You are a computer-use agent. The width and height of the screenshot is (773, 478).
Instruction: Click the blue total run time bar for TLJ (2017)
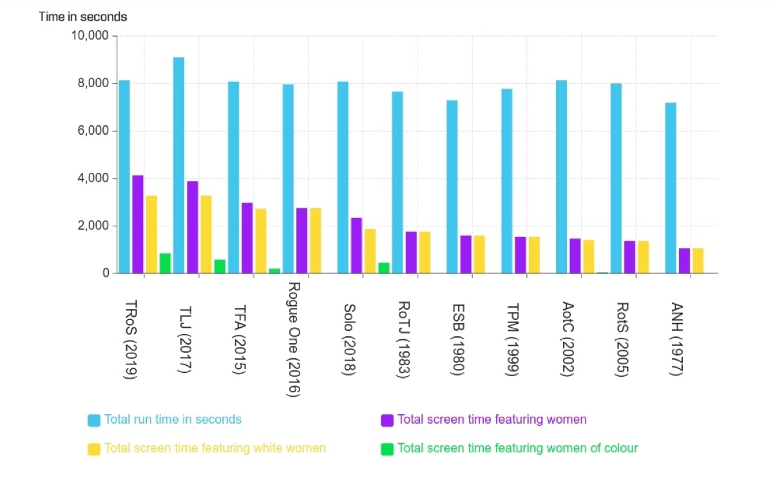[x=178, y=165]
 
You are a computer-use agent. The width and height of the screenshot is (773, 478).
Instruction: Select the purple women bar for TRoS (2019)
[x=138, y=224]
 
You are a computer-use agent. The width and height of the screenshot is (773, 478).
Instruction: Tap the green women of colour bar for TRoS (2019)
[x=165, y=263]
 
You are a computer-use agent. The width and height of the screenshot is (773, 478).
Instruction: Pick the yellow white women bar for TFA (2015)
[x=261, y=241]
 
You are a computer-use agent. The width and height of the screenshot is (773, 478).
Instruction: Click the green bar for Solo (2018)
[x=384, y=268]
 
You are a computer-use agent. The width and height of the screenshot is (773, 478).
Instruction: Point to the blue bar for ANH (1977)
[x=671, y=188]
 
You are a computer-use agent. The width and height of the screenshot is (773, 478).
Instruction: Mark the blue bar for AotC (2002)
[x=561, y=177]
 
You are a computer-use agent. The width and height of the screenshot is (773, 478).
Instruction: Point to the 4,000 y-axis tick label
[x=92, y=178]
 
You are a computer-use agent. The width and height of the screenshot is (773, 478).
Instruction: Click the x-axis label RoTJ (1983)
[x=405, y=340]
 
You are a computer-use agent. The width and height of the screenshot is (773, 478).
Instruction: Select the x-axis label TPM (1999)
[x=513, y=340]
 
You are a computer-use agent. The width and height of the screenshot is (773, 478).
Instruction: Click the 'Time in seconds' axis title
[x=82, y=17]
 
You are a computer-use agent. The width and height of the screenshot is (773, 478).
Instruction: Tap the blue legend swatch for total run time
[x=94, y=421]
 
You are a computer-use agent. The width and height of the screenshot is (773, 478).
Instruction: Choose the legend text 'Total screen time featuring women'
[x=492, y=420]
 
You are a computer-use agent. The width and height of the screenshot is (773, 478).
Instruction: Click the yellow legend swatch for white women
[x=94, y=449]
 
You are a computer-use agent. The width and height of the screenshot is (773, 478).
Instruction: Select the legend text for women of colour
[x=518, y=448]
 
